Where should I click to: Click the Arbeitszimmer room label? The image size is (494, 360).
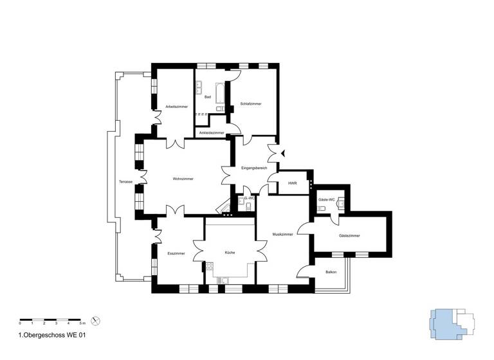[176, 107]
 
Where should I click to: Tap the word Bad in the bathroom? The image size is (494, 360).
[207, 97]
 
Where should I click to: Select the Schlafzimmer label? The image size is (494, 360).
[250, 104]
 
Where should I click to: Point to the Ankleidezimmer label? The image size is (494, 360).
[212, 132]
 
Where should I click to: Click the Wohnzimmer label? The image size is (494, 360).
[183, 179]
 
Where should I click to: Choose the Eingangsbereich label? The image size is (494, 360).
[254, 168]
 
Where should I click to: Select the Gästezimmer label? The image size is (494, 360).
[349, 236]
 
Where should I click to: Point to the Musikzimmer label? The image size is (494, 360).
[282, 234]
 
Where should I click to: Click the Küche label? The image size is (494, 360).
[230, 253]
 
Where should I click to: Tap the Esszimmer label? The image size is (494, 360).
[176, 253]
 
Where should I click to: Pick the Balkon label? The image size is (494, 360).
[331, 272]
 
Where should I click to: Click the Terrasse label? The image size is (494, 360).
[125, 181]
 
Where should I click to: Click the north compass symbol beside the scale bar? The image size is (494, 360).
[96, 320]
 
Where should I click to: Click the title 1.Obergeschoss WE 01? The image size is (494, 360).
[53, 335]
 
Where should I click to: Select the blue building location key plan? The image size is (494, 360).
[450, 323]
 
